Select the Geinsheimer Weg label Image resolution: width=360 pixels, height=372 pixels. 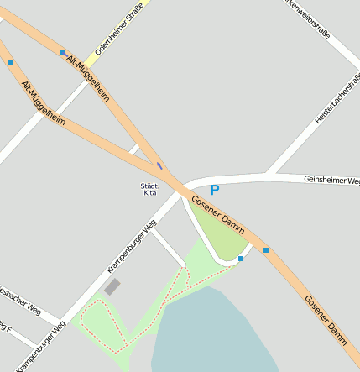(x=331, y=181)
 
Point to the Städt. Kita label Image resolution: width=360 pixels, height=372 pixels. (x=149, y=189)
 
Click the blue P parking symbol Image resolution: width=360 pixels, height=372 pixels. (x=215, y=191)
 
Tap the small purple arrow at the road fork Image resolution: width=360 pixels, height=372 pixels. (x=159, y=165)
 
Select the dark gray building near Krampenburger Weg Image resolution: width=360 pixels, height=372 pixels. (x=112, y=287)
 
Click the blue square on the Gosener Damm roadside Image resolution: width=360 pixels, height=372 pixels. (x=266, y=250)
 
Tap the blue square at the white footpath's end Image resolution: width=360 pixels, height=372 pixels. (x=241, y=259)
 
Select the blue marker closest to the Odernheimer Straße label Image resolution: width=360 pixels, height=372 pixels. (x=62, y=52)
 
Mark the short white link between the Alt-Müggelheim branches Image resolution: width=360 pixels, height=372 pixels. (x=133, y=149)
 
